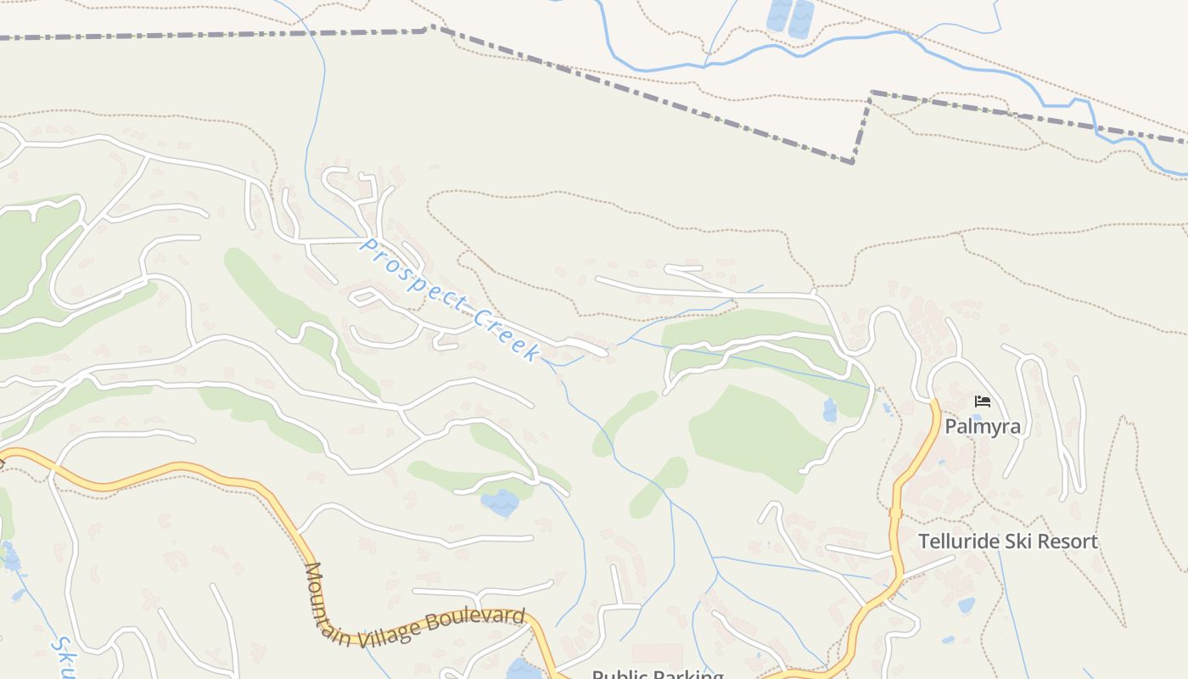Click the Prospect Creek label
click(451, 300)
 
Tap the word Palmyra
click(983, 426)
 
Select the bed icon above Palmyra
click(983, 401)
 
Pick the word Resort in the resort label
click(1066, 542)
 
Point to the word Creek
click(507, 336)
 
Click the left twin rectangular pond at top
click(778, 17)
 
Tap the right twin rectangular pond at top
click(801, 19)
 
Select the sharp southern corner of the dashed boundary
click(853, 162)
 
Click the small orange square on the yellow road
click(894, 512)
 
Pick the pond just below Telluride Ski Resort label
click(966, 605)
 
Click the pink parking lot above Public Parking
click(658, 654)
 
